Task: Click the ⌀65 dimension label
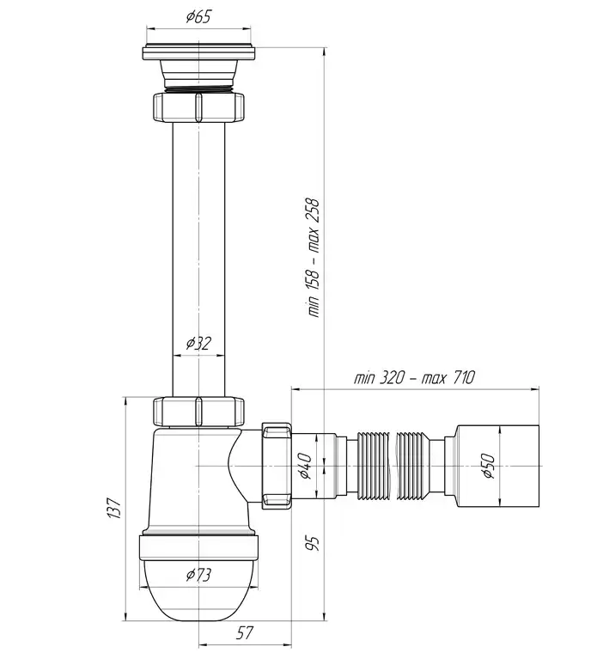coord(198,17)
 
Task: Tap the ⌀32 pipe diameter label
coord(198,344)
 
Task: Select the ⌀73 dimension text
coord(198,574)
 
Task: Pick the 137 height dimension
coord(115,508)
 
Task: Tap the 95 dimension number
coord(313,543)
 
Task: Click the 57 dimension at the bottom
coord(245,632)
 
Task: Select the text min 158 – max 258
coord(314,258)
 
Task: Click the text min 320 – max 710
coord(414,377)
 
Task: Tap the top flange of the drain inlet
coord(198,52)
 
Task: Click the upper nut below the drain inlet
coord(198,107)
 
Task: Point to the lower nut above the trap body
coord(198,412)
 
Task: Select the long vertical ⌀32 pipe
coord(198,259)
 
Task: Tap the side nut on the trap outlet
coord(277,466)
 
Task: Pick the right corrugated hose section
coord(414,466)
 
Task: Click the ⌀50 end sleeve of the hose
coord(497,466)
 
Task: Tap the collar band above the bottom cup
coord(198,547)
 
